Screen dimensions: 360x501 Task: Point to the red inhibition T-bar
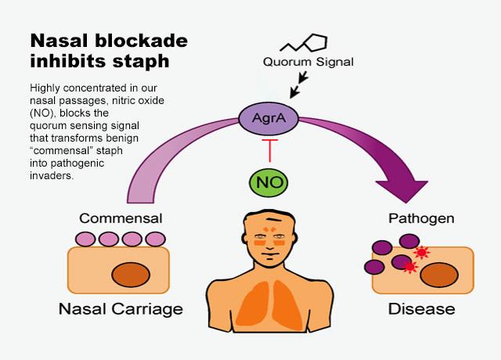[x=269, y=149]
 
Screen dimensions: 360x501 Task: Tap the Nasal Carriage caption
[x=121, y=308]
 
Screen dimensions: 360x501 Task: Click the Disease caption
[x=421, y=308]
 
